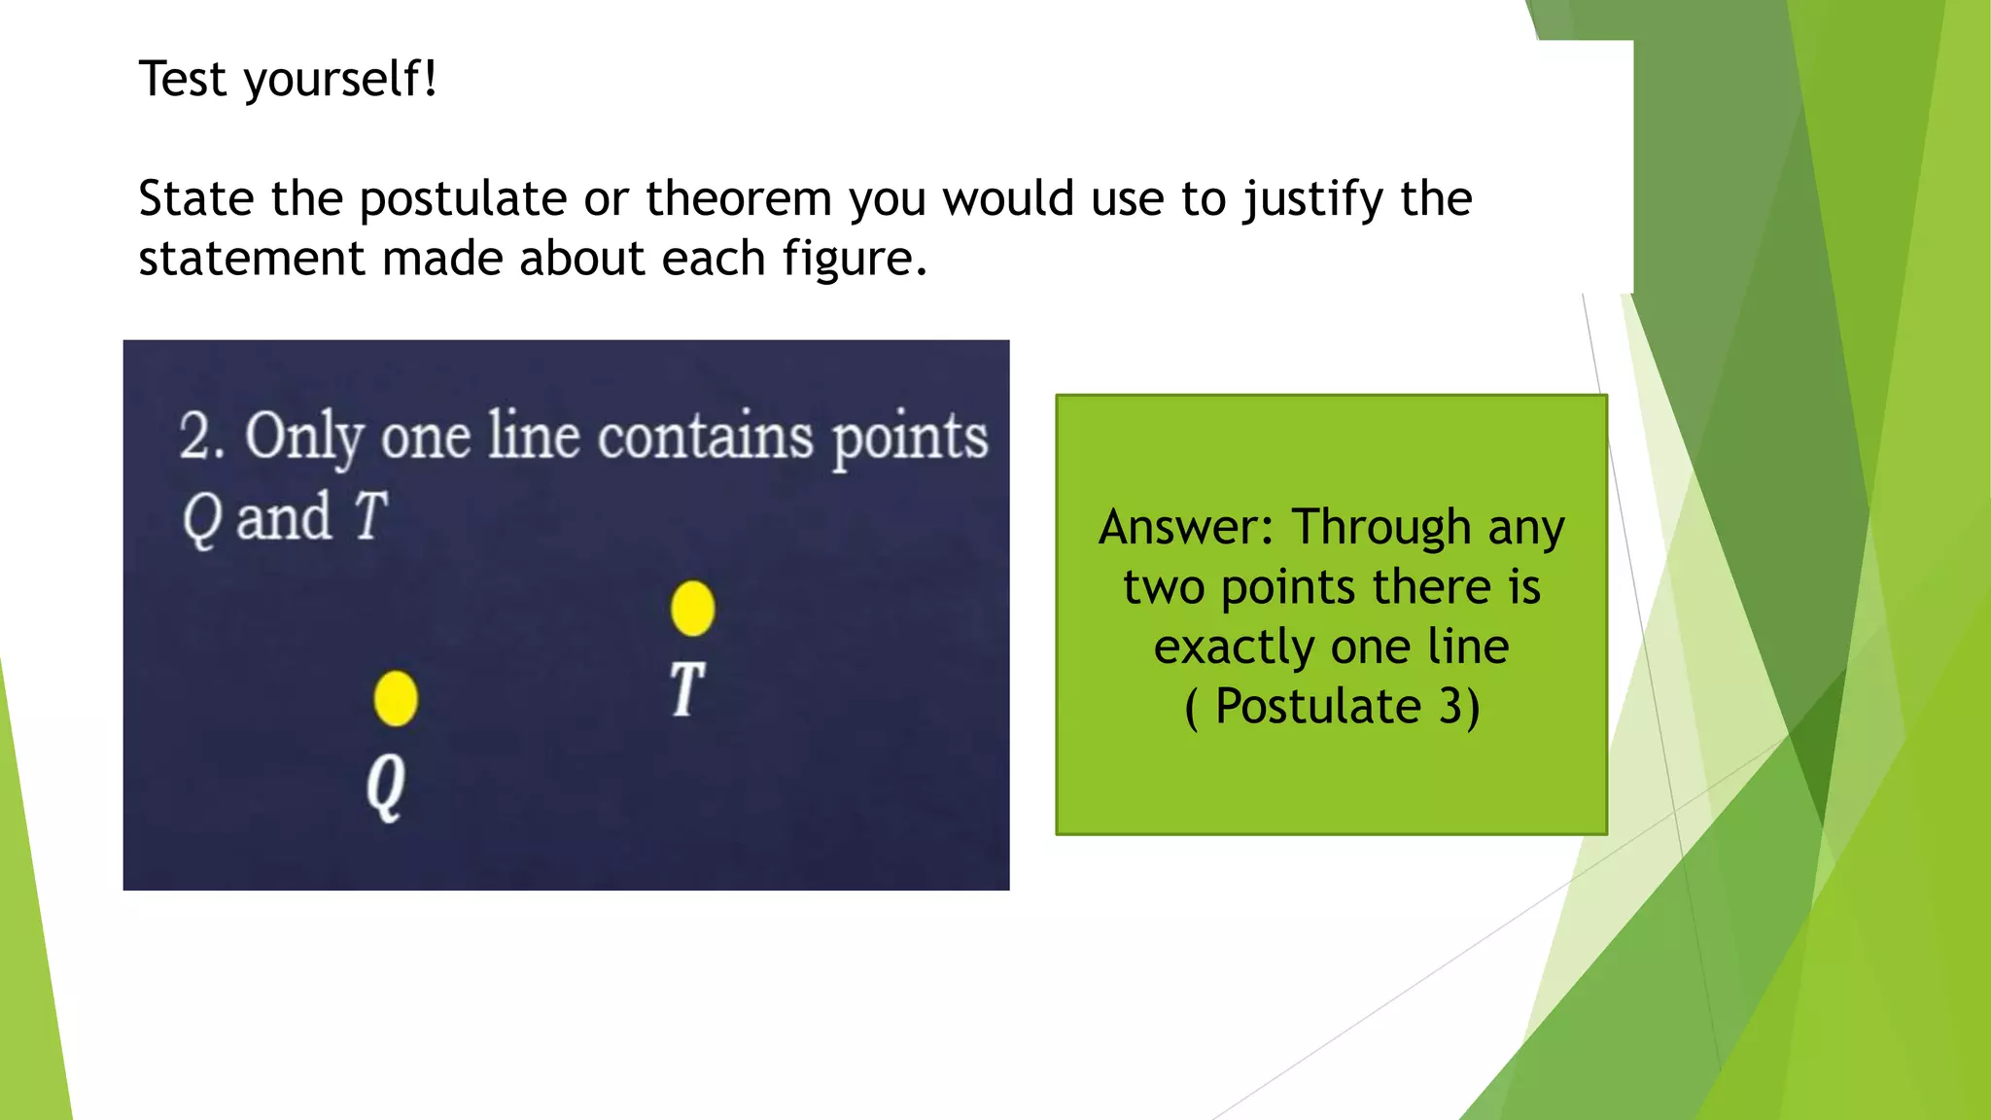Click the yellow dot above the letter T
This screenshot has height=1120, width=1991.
[692, 609]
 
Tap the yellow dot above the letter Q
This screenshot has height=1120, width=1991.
[396, 698]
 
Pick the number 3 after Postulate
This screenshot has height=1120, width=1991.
[1451, 706]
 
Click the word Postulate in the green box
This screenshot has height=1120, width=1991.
[1318, 706]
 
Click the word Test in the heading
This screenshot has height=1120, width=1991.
[183, 79]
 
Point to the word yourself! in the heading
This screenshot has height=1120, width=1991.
[340, 80]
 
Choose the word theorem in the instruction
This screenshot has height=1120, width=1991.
[739, 199]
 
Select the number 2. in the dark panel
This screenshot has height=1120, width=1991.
[202, 436]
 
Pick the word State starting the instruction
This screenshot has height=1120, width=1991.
[196, 199]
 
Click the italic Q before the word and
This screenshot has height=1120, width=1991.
[201, 518]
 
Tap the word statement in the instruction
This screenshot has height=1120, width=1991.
[252, 260]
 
